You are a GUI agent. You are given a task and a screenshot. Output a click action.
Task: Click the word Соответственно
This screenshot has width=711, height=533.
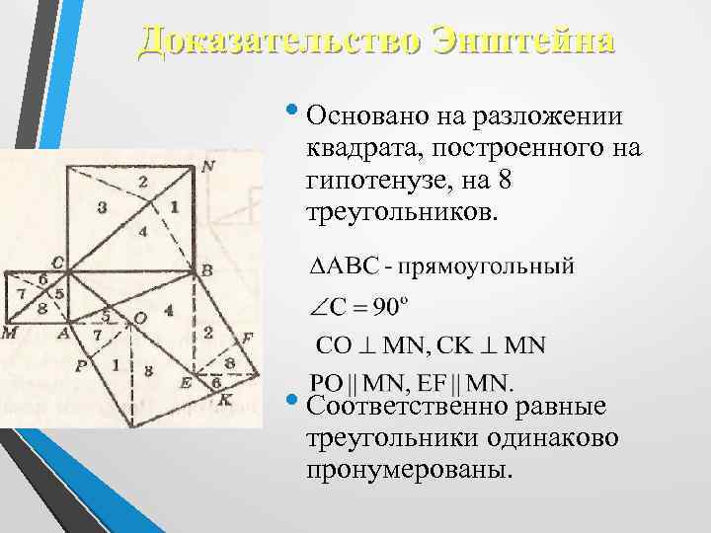tap(408, 406)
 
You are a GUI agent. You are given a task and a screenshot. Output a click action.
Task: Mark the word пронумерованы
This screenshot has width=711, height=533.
tap(410, 469)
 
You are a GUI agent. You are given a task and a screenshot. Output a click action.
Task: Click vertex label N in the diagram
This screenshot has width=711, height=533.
tap(208, 166)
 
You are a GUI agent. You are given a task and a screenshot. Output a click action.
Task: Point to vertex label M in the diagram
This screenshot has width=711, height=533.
tap(9, 333)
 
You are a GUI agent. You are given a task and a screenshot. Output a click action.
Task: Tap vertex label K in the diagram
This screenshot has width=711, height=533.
tap(225, 401)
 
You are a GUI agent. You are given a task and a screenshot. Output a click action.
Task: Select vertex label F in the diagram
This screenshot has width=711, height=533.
tap(248, 338)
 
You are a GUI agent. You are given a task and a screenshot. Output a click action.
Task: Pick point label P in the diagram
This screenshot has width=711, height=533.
tap(82, 362)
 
